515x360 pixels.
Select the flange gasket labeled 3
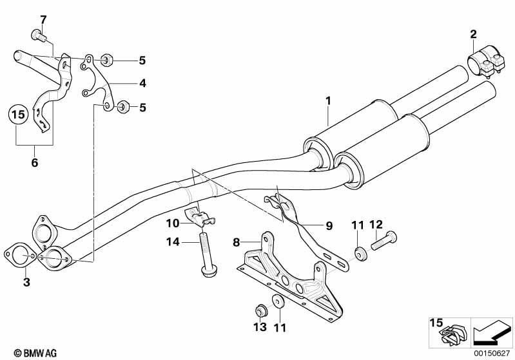click(x=21, y=254)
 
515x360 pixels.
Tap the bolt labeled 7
click(x=39, y=35)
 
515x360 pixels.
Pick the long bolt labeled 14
click(x=206, y=254)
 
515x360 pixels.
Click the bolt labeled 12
click(x=384, y=242)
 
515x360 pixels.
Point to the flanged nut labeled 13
click(x=262, y=310)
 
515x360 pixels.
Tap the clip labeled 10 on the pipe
click(x=201, y=218)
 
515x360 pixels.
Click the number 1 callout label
click(x=328, y=101)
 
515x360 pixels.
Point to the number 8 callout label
click(x=237, y=242)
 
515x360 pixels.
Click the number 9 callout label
click(x=329, y=226)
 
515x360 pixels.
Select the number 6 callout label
click(x=35, y=162)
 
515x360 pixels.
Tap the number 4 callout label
click(x=142, y=83)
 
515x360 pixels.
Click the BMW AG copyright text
click(x=35, y=353)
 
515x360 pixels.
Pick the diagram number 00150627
click(x=492, y=353)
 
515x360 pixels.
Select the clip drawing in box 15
click(x=453, y=335)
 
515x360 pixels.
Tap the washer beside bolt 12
click(x=360, y=254)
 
